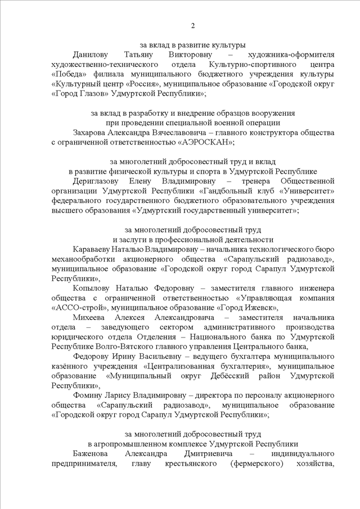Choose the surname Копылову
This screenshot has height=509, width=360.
coord(93,287)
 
